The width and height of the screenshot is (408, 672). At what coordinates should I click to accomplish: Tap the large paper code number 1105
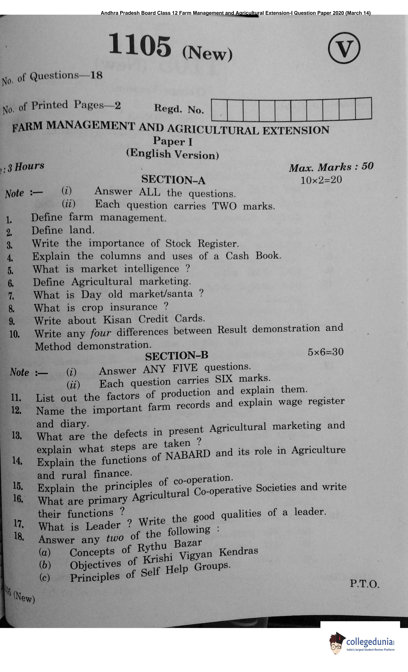point(140,45)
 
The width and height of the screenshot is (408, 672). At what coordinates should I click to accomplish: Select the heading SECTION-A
point(173,180)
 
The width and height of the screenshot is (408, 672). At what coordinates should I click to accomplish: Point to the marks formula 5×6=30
point(325,352)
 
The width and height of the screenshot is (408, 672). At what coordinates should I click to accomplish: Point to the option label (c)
point(45,578)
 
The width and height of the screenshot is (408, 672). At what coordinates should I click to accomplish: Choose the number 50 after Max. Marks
point(367,166)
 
